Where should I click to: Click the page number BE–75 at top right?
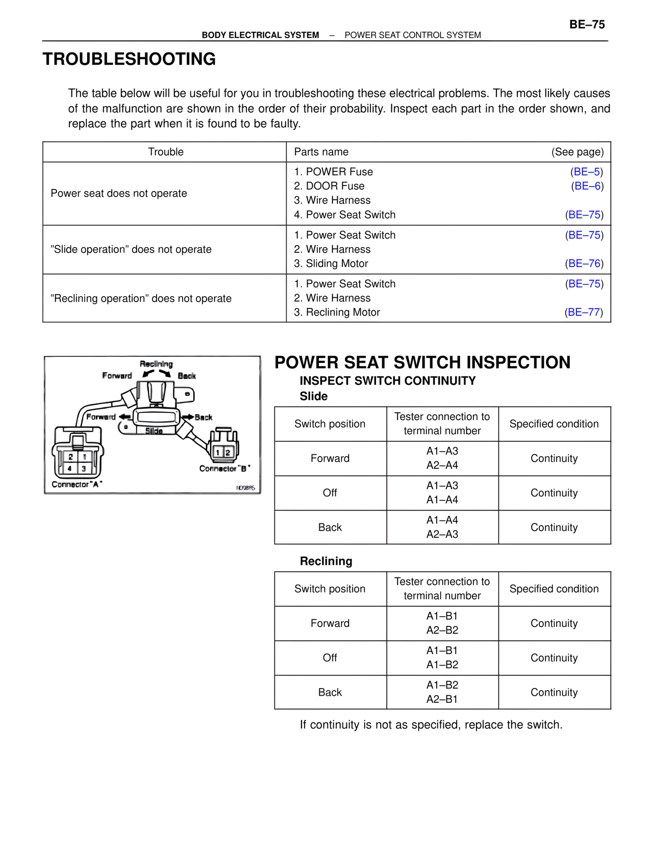(587, 24)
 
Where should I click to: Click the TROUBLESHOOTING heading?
(129, 59)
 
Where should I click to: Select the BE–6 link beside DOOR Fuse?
(587, 186)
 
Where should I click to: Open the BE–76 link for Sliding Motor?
(584, 263)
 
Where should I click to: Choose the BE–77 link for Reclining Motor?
(584, 312)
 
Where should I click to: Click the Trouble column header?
(165, 152)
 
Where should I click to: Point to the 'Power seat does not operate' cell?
(119, 194)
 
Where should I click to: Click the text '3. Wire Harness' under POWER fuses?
(332, 200)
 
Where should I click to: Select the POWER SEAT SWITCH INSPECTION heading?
(422, 362)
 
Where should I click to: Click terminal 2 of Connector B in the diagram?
(228, 452)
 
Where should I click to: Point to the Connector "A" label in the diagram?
(77, 484)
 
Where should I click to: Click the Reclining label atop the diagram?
(156, 364)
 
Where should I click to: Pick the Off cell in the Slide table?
(330, 493)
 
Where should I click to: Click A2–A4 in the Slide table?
(442, 465)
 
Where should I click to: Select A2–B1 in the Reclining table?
(442, 699)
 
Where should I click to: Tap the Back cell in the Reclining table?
(330, 692)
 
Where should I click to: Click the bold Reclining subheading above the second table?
(326, 561)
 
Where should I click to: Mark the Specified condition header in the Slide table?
(554, 424)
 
